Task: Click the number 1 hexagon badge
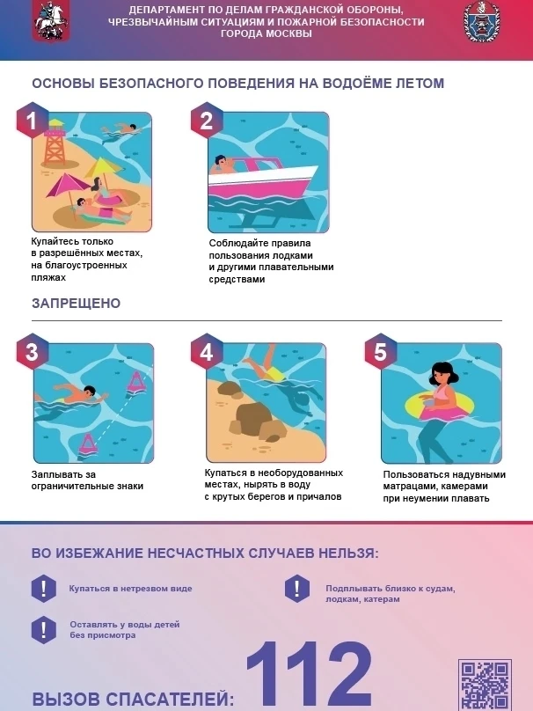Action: [x=33, y=121]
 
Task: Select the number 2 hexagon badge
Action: [x=207, y=121]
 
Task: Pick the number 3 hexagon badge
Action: [x=33, y=351]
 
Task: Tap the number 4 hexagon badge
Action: [x=207, y=351]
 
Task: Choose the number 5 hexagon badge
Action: [x=381, y=351]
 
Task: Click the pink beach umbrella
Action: [x=68, y=189]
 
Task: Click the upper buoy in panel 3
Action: [x=135, y=383]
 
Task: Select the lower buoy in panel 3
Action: [x=87, y=443]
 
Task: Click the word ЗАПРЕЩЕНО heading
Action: [x=77, y=303]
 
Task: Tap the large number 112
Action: [x=310, y=674]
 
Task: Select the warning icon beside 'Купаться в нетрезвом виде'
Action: [x=43, y=589]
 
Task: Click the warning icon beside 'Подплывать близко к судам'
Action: [x=297, y=589]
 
